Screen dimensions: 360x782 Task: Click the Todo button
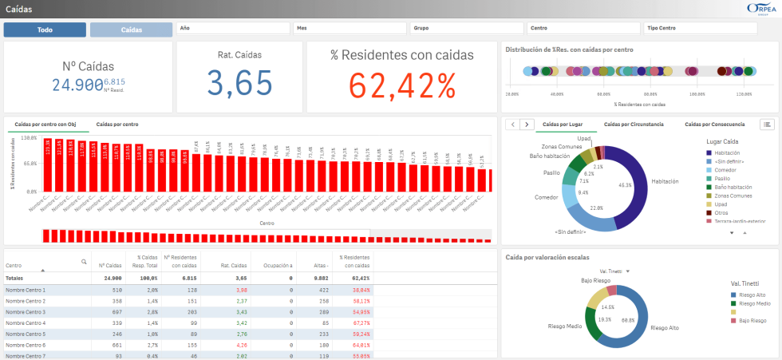(45, 30)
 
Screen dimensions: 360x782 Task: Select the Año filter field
(232, 28)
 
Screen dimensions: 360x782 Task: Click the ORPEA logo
(758, 8)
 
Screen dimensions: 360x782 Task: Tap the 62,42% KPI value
(401, 83)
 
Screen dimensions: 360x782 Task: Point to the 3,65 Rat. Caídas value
(239, 83)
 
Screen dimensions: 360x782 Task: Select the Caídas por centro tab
(117, 125)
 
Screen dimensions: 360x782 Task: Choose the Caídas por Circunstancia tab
(634, 125)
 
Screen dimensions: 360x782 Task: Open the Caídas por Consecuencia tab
(714, 125)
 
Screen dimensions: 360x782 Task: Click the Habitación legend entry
(728, 152)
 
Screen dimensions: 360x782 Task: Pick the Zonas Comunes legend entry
(732, 196)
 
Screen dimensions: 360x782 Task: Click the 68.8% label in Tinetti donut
(629, 319)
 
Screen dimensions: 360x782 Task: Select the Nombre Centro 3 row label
(26, 311)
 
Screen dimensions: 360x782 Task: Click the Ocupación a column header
(279, 265)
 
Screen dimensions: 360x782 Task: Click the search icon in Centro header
(84, 262)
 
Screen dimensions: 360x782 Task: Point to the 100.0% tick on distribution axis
(697, 93)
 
